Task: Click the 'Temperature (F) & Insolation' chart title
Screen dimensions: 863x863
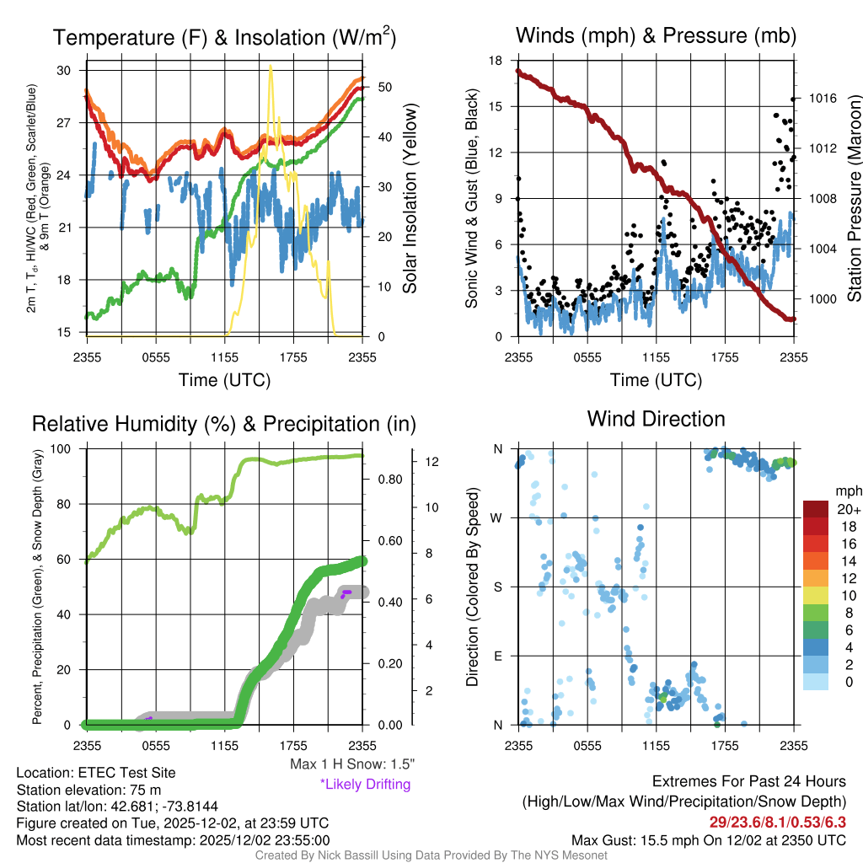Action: click(x=223, y=37)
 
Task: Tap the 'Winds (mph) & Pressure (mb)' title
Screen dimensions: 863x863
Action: click(x=656, y=35)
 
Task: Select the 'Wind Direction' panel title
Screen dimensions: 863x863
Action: click(x=656, y=419)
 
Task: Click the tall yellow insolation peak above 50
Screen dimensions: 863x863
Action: click(x=271, y=69)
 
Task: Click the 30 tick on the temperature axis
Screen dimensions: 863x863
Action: click(x=64, y=71)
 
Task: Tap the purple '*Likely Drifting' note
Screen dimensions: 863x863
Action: click(x=365, y=784)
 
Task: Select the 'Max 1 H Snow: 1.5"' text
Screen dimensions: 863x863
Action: click(x=352, y=764)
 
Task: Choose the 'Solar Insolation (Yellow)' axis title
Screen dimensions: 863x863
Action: click(x=410, y=199)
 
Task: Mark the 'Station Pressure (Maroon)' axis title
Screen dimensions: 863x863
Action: click(x=853, y=199)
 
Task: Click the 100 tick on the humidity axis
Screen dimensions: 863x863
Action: click(x=66, y=449)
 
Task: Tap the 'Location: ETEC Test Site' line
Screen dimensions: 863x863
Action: click(x=96, y=772)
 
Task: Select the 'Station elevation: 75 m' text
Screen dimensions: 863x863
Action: click(x=88, y=790)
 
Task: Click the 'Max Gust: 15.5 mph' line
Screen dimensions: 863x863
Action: click(x=709, y=840)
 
